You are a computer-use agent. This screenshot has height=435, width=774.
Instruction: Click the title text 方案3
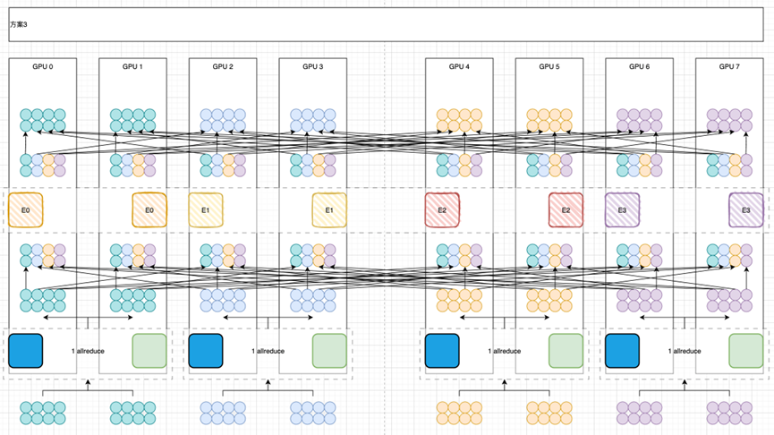click(19, 24)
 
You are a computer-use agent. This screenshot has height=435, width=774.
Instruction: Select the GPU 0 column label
click(43, 66)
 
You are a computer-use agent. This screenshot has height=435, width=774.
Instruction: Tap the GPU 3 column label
click(311, 66)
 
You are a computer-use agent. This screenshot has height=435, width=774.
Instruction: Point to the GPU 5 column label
click(549, 66)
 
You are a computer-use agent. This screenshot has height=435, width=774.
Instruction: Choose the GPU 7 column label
click(729, 66)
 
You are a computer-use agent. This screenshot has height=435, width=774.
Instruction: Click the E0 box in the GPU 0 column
click(25, 210)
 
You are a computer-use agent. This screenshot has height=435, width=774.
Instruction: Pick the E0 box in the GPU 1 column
click(149, 210)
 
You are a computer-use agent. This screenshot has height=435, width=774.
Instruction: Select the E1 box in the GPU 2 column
click(206, 210)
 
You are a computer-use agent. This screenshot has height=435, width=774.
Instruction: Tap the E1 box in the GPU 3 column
click(329, 210)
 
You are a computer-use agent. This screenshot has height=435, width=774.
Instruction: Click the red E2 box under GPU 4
click(442, 210)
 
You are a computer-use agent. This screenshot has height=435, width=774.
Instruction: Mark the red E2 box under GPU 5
click(566, 210)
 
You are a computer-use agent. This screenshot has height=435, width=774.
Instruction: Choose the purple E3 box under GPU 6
click(622, 210)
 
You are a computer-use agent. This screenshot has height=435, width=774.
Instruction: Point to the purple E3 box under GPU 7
click(745, 210)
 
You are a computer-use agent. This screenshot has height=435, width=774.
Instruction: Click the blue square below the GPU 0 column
click(26, 351)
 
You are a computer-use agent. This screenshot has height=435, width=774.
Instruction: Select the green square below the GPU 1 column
click(149, 351)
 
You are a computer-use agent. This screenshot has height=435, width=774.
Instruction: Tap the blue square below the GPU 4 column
click(442, 351)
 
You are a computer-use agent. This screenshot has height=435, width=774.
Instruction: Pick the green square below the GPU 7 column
click(745, 351)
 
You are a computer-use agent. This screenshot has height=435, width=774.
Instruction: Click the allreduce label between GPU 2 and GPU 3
click(268, 351)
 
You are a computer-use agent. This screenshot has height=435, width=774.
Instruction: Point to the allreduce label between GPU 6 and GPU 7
click(685, 351)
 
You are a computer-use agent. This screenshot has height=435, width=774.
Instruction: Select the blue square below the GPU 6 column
click(622, 351)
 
